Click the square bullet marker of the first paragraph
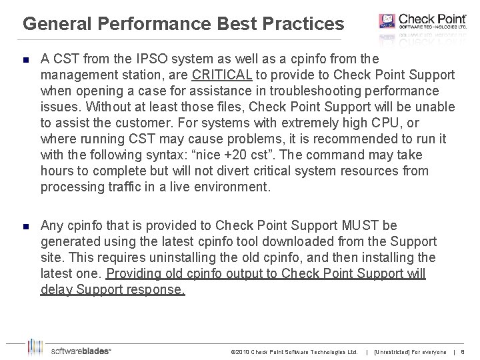pyautogui.click(x=25, y=59)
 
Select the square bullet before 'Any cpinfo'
pyautogui.click(x=25, y=226)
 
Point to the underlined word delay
pyautogui.click(x=56, y=290)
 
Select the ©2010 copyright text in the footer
pyautogui.click(x=293, y=351)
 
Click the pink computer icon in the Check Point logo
pyautogui.click(x=387, y=21)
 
